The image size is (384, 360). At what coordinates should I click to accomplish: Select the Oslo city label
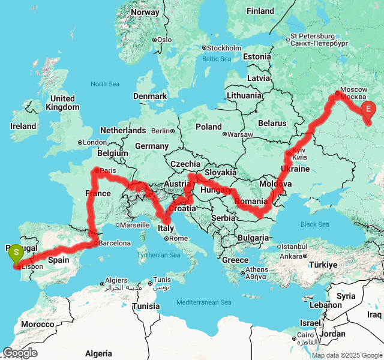click(164, 40)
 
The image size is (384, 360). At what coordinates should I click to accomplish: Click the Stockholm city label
click(224, 48)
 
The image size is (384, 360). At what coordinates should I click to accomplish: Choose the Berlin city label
click(161, 130)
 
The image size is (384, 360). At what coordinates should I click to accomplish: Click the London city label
click(95, 143)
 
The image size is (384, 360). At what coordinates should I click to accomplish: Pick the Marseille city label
click(134, 225)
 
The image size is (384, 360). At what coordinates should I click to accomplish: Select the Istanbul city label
click(295, 247)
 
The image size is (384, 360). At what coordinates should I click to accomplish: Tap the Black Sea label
click(315, 224)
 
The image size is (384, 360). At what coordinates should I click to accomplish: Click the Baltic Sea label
click(217, 59)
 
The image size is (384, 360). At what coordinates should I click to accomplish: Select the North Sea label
click(106, 84)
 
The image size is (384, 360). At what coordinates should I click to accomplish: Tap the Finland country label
click(260, 11)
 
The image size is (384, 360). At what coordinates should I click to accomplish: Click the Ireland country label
click(23, 127)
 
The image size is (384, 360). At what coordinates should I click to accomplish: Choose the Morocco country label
click(37, 324)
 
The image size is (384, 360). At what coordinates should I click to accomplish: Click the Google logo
click(20, 353)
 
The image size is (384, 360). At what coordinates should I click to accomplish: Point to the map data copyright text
click(346, 355)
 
